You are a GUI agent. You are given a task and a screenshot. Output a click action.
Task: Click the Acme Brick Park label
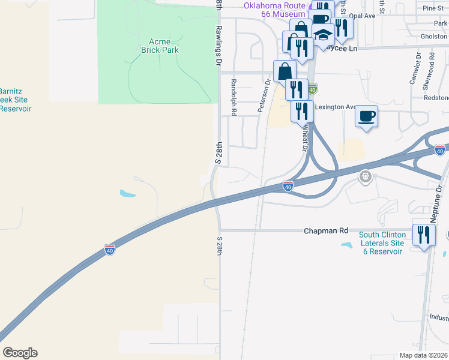156,46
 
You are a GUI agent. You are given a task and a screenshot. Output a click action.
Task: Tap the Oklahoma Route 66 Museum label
274,10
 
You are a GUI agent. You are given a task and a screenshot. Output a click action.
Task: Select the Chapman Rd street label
326,230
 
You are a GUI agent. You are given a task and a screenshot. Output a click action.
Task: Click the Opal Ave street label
362,16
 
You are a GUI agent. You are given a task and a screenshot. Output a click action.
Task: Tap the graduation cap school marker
323,35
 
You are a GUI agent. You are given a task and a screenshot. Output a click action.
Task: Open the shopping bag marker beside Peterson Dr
284,71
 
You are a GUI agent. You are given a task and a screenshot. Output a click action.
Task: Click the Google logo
20,353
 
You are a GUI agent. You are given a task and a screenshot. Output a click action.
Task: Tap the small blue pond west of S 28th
127,194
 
